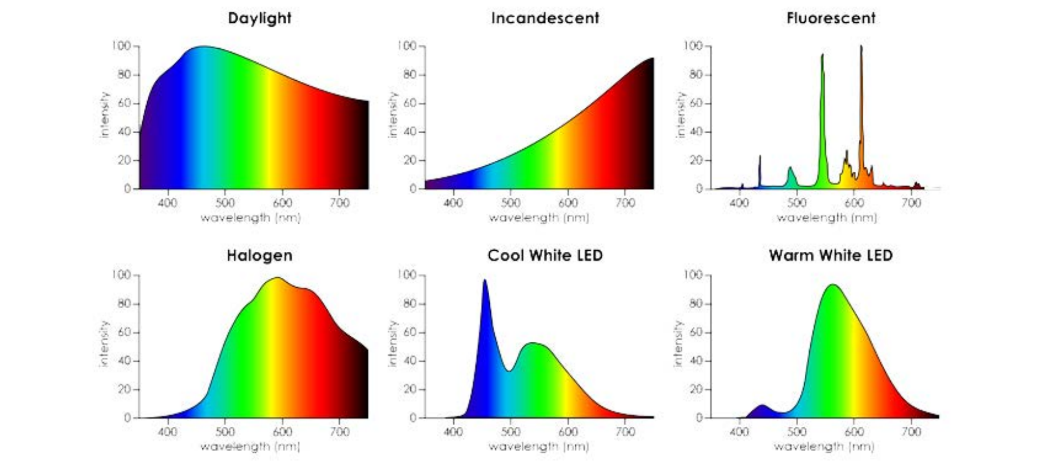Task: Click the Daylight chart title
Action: click(259, 18)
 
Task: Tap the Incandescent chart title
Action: click(545, 18)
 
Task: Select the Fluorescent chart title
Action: click(831, 18)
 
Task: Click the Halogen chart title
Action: click(259, 255)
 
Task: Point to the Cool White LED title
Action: click(545, 255)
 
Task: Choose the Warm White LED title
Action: click(831, 255)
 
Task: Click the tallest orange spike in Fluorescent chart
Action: click(861, 49)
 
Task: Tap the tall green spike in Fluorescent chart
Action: click(823, 56)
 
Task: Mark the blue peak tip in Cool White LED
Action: click(485, 281)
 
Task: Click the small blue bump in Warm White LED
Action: click(763, 406)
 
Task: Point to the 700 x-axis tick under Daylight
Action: click(339, 203)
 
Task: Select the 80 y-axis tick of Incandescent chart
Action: click(410, 75)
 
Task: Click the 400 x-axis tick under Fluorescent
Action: click(739, 203)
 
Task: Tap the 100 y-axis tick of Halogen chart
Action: click(122, 275)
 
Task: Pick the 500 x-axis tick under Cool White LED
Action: click(510, 432)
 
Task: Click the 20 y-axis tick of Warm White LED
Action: click(696, 389)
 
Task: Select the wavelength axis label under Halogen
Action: click(250, 446)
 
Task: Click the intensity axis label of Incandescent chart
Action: click(392, 115)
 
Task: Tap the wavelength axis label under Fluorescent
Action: click(826, 217)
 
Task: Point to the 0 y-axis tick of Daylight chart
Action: click(128, 188)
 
